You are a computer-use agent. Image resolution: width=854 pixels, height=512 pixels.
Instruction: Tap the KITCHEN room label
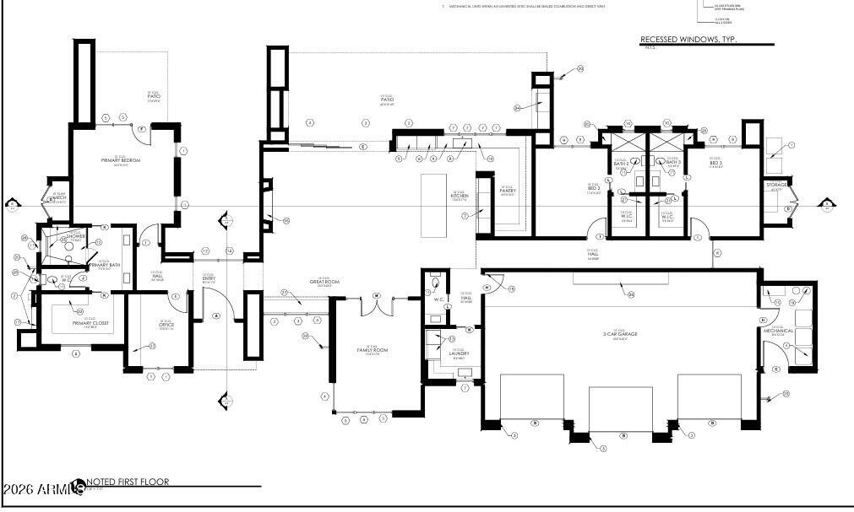pyautogui.click(x=460, y=196)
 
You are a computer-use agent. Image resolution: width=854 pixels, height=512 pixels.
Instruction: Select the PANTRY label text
pyautogui.click(x=507, y=191)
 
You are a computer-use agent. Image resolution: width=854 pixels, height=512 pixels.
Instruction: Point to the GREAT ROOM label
pyautogui.click(x=324, y=282)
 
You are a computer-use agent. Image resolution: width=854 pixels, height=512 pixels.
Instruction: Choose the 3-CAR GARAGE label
pyautogui.click(x=621, y=335)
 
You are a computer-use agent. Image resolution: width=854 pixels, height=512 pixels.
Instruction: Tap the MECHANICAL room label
pyautogui.click(x=778, y=331)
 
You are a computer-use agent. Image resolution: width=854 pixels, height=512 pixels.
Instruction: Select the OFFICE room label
pyautogui.click(x=166, y=325)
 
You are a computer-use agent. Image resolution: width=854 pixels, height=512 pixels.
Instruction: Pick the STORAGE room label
pyautogui.click(x=776, y=184)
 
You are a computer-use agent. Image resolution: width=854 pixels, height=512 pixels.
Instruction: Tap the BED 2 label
pyautogui.click(x=594, y=188)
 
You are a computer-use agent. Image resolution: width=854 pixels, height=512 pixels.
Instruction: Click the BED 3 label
pyautogui.click(x=715, y=163)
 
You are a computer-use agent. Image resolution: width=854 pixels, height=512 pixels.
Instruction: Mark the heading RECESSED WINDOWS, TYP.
pyautogui.click(x=688, y=40)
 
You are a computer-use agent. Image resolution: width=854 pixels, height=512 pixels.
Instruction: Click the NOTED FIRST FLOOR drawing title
pyautogui.click(x=128, y=482)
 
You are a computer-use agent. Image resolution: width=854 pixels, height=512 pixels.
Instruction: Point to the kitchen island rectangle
pyautogui.click(x=434, y=205)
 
